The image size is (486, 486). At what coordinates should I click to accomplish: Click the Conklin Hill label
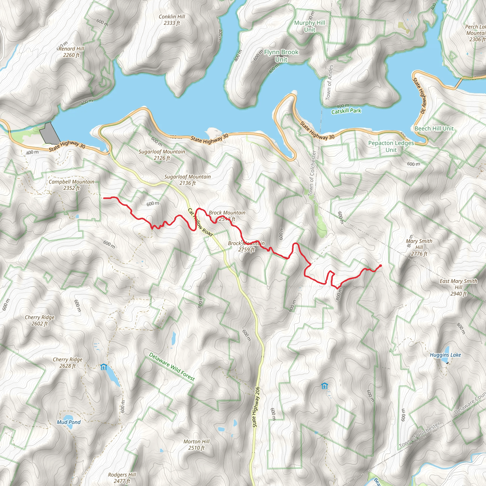(172, 20)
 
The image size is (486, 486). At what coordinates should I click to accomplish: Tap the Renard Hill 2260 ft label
(71, 52)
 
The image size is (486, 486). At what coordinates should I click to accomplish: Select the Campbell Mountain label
(71, 185)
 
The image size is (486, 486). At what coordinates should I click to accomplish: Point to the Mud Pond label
(69, 422)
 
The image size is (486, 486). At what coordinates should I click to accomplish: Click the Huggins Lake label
(445, 355)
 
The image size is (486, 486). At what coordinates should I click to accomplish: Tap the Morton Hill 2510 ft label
(196, 444)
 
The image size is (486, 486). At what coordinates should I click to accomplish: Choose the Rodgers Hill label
(122, 478)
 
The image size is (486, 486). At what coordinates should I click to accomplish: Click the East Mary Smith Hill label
(458, 287)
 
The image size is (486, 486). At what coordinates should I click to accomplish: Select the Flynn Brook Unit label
(281, 56)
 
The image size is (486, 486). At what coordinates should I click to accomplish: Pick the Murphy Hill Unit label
(310, 26)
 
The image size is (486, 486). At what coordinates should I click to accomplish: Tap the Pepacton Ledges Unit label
(391, 146)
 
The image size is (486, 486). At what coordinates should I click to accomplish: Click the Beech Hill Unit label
(434, 129)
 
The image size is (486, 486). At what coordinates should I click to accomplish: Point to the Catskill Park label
(346, 111)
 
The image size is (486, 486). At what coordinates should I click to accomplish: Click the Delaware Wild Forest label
(172, 367)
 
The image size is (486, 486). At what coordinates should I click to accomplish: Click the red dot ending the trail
(380, 266)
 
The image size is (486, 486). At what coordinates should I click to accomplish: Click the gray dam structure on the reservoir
(50, 133)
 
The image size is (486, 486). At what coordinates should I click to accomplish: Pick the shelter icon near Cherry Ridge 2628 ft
(103, 367)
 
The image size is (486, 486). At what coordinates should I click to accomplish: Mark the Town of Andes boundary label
(329, 82)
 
